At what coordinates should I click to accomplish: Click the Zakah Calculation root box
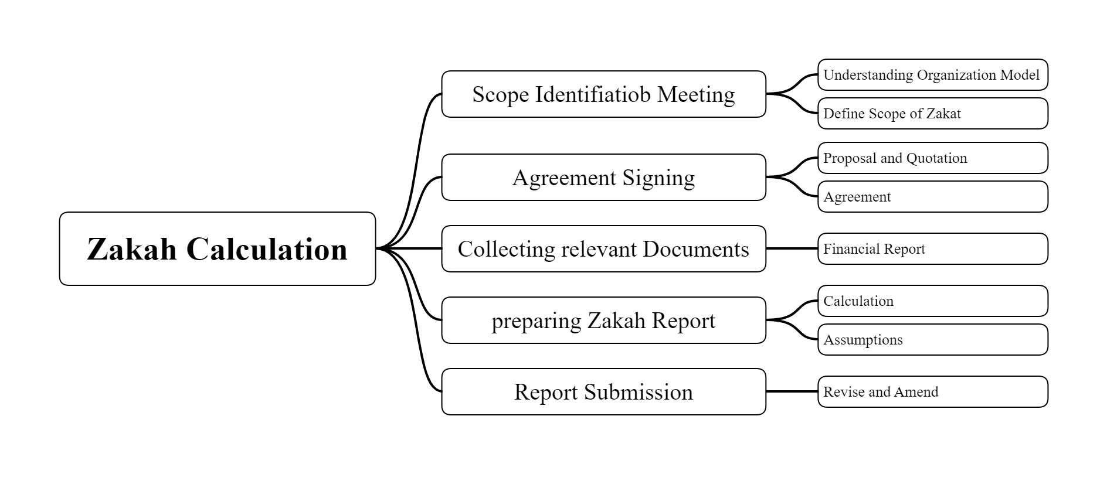coord(217,248)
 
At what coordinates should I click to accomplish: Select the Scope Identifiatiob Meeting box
coord(603,94)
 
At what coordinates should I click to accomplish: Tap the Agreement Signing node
coord(603,178)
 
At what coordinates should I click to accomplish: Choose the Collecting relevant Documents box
coord(603,249)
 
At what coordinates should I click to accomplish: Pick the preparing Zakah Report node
coord(603,320)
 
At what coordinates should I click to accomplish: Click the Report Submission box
coord(603,392)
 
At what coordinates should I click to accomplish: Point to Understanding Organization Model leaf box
coord(932,75)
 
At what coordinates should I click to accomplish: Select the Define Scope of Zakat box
coord(932,114)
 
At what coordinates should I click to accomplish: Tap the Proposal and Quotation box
coord(932,158)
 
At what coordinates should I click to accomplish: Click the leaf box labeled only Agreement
coord(932,197)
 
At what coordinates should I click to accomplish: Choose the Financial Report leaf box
coord(932,249)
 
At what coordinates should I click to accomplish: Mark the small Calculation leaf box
coord(932,301)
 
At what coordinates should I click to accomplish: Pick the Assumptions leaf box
coord(932,340)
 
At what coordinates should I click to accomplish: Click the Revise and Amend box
coord(932,392)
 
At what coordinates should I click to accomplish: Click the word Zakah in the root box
coord(131,250)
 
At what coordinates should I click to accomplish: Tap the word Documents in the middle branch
coord(695,250)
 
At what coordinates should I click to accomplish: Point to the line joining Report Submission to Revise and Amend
coord(792,391)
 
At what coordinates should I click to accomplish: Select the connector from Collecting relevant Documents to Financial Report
coord(792,248)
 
